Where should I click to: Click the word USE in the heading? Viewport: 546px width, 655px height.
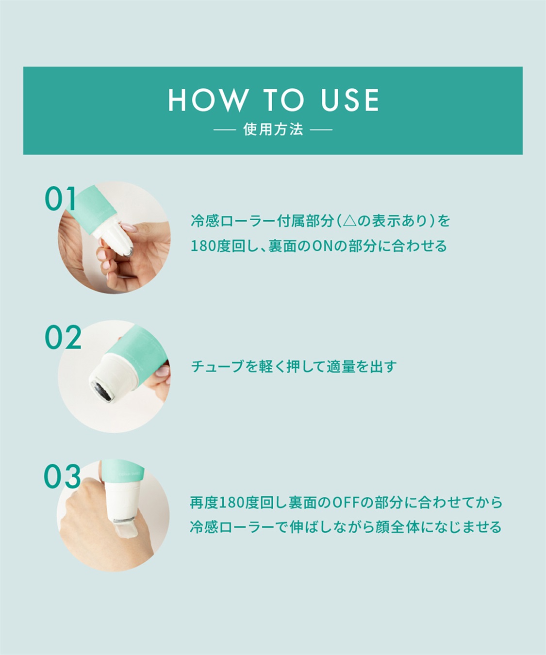click(349, 100)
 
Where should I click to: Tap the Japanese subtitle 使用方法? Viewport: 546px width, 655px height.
click(273, 130)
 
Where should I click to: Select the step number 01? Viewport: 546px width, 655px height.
click(60, 199)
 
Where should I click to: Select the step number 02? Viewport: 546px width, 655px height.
click(63, 337)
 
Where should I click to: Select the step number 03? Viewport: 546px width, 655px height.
click(62, 476)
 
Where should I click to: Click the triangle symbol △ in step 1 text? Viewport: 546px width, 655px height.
click(349, 221)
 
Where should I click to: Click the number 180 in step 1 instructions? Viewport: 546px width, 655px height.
click(203, 246)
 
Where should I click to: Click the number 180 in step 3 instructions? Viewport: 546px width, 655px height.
click(232, 503)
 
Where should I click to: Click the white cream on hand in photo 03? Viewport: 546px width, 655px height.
click(130, 530)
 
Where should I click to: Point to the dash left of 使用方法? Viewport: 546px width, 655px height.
click(225, 130)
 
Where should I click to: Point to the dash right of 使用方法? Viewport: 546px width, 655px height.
click(321, 130)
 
